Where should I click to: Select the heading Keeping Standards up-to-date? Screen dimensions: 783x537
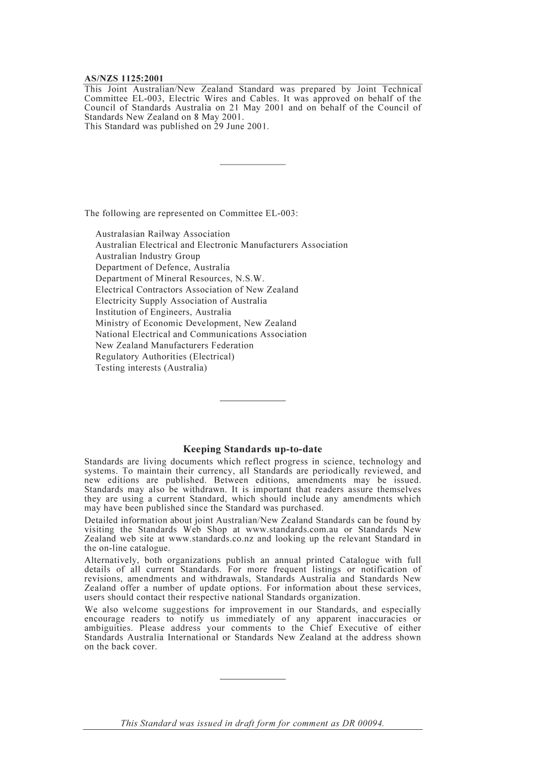click(253, 449)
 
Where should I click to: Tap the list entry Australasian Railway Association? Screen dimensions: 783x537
click(163, 234)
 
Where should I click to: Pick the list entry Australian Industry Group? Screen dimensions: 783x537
click(148, 256)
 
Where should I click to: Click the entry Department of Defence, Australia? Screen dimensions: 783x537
click(163, 267)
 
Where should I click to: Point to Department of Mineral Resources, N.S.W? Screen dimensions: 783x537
click(180, 278)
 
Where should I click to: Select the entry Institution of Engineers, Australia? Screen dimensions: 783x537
click(163, 312)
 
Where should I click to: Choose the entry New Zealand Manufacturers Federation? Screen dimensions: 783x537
click(175, 345)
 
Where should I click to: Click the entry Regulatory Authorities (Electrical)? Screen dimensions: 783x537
click(165, 356)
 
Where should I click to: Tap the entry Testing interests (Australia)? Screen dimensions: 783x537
click(151, 368)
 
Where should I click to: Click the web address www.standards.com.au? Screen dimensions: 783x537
click(292, 530)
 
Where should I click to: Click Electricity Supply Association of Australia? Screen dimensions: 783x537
click(181, 301)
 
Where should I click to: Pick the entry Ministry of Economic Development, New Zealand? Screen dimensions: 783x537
click(196, 323)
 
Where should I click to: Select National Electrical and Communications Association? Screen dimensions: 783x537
click(201, 334)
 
